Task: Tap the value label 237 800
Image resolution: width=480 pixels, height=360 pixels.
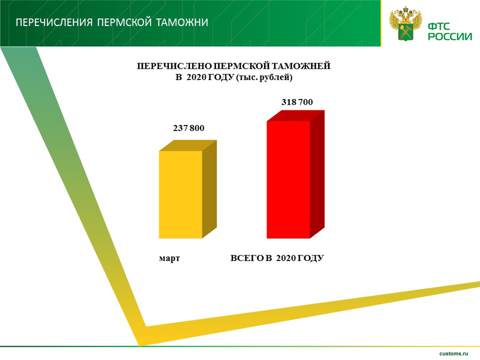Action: click(189, 128)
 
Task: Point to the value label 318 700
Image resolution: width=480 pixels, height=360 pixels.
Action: click(297, 102)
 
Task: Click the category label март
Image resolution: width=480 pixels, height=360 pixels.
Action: click(170, 258)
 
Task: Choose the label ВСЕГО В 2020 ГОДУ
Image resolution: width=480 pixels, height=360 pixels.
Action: click(277, 258)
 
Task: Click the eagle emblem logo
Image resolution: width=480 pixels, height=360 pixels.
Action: click(406, 24)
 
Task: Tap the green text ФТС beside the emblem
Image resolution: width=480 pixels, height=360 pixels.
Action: click(439, 27)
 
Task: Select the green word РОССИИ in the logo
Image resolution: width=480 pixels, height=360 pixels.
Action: click(450, 37)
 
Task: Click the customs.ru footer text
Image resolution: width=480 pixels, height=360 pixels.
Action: click(453, 354)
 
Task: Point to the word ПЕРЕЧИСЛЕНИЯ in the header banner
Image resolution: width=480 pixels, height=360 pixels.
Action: click(54, 22)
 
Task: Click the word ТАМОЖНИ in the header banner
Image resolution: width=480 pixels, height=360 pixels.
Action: click(182, 22)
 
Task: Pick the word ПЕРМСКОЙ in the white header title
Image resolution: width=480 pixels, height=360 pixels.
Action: click(125, 22)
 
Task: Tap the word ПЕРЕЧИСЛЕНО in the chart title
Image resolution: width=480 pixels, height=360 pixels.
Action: click(174, 66)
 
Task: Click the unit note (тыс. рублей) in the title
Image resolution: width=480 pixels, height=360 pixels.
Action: click(264, 78)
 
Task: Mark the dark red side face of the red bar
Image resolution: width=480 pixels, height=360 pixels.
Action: click(317, 174)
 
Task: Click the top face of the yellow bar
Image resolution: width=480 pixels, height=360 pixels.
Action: click(188, 146)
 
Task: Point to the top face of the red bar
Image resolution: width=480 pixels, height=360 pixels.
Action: click(296, 116)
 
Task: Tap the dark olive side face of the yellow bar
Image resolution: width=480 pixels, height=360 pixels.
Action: click(210, 189)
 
